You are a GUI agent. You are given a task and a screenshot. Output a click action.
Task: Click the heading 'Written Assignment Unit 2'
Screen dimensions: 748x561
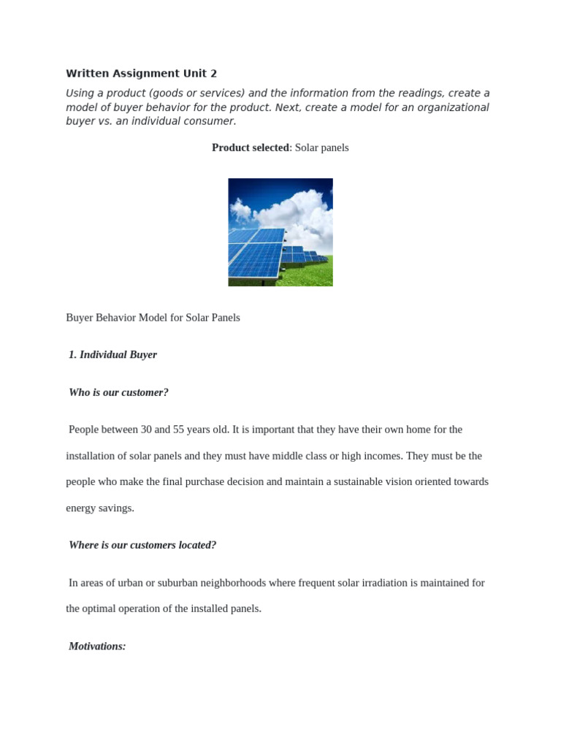[141, 74]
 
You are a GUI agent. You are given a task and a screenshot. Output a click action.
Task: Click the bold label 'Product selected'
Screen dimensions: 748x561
[250, 148]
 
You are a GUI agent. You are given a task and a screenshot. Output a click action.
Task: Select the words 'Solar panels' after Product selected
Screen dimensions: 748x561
[321, 148]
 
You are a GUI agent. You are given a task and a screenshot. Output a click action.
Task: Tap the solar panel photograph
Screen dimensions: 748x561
[280, 232]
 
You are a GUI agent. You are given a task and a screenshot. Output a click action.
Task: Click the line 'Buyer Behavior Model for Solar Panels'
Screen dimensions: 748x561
[153, 318]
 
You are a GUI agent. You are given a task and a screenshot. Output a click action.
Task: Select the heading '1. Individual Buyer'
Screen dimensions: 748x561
[112, 355]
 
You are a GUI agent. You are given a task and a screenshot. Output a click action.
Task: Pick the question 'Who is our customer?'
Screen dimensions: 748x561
[118, 392]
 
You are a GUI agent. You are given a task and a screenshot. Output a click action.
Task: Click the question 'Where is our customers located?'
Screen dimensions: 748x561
[142, 545]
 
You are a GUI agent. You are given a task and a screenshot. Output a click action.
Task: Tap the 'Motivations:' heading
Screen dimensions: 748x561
[97, 646]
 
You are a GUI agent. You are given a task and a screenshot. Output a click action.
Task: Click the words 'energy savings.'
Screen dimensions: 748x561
[100, 508]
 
